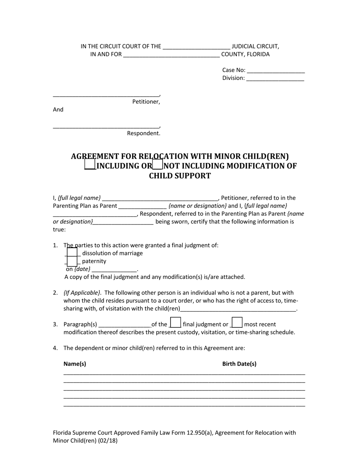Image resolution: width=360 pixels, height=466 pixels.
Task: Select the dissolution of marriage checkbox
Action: pyautogui.click(x=72, y=252)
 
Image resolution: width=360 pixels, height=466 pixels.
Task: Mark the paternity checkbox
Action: pyautogui.click(x=72, y=261)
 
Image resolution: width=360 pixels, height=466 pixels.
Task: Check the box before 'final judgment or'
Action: pyautogui.click(x=175, y=323)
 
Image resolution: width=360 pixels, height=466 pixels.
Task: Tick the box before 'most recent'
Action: pyautogui.click(x=237, y=323)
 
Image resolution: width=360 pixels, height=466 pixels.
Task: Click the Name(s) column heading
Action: pyautogui.click(x=75, y=364)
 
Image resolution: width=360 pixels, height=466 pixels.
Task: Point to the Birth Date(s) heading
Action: pyautogui.click(x=239, y=364)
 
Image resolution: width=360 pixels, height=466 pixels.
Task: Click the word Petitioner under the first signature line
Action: pyautogui.click(x=146, y=102)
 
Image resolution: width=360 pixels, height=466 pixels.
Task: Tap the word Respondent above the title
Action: pyautogui.click(x=143, y=133)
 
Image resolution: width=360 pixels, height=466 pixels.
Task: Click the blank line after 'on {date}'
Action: pyautogui.click(x=114, y=270)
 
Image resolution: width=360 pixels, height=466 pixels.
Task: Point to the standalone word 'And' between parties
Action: pyautogui.click(x=58, y=109)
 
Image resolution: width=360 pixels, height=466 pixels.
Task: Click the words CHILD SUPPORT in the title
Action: pyautogui.click(x=180, y=176)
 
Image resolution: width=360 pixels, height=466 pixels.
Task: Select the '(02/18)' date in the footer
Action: pyautogui.click(x=108, y=441)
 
